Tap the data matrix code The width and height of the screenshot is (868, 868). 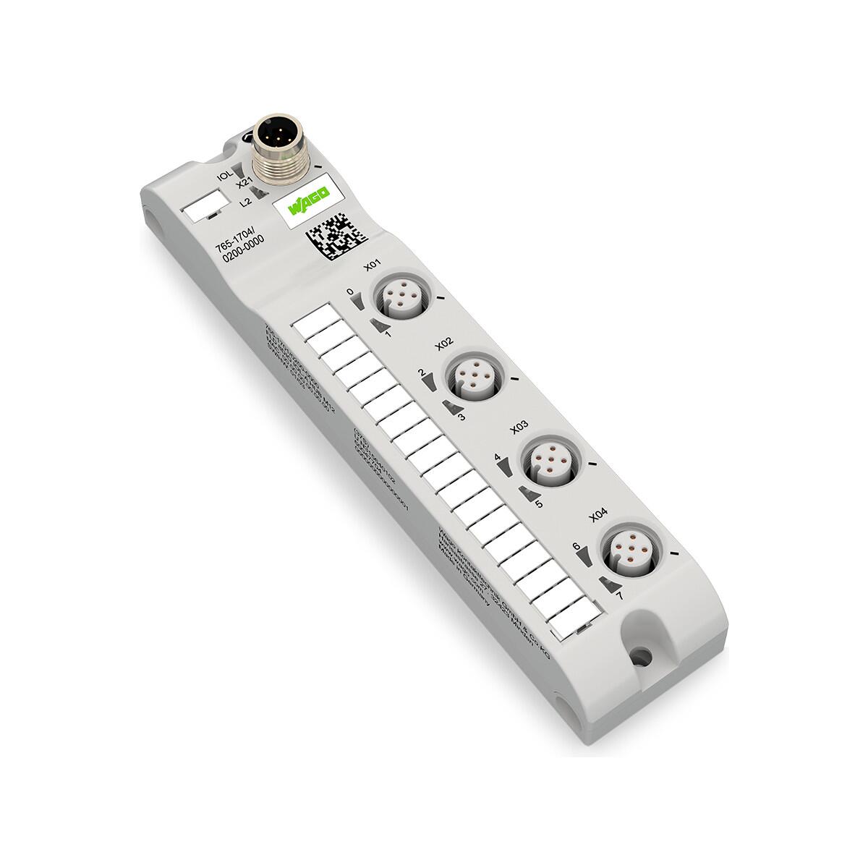(x=331, y=235)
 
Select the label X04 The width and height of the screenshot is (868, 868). (x=598, y=515)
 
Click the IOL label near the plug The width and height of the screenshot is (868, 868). (x=224, y=174)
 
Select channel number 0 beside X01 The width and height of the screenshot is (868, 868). (x=351, y=292)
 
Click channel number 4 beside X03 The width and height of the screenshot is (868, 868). (x=498, y=457)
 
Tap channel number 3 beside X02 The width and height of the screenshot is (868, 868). (x=461, y=417)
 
